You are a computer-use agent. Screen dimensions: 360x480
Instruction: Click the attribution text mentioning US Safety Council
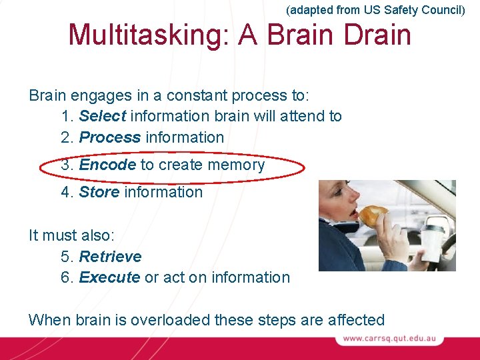[x=375, y=10]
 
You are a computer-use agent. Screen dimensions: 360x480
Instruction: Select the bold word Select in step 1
[x=103, y=116]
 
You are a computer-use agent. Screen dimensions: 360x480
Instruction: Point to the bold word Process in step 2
[x=110, y=137]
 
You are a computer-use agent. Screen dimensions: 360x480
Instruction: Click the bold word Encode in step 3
[x=107, y=165]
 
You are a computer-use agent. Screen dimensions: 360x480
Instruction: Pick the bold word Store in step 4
[x=99, y=192]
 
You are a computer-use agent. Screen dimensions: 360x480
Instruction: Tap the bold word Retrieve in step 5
[x=110, y=257]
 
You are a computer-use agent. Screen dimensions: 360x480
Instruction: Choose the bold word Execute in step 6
[x=109, y=277]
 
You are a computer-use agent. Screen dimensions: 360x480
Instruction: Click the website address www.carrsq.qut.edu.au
[x=389, y=339]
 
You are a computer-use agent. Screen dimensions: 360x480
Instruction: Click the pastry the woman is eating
[x=373, y=215]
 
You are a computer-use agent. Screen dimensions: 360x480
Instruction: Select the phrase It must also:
[x=66, y=235]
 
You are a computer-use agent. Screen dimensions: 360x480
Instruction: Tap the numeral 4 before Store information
[x=65, y=192]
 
